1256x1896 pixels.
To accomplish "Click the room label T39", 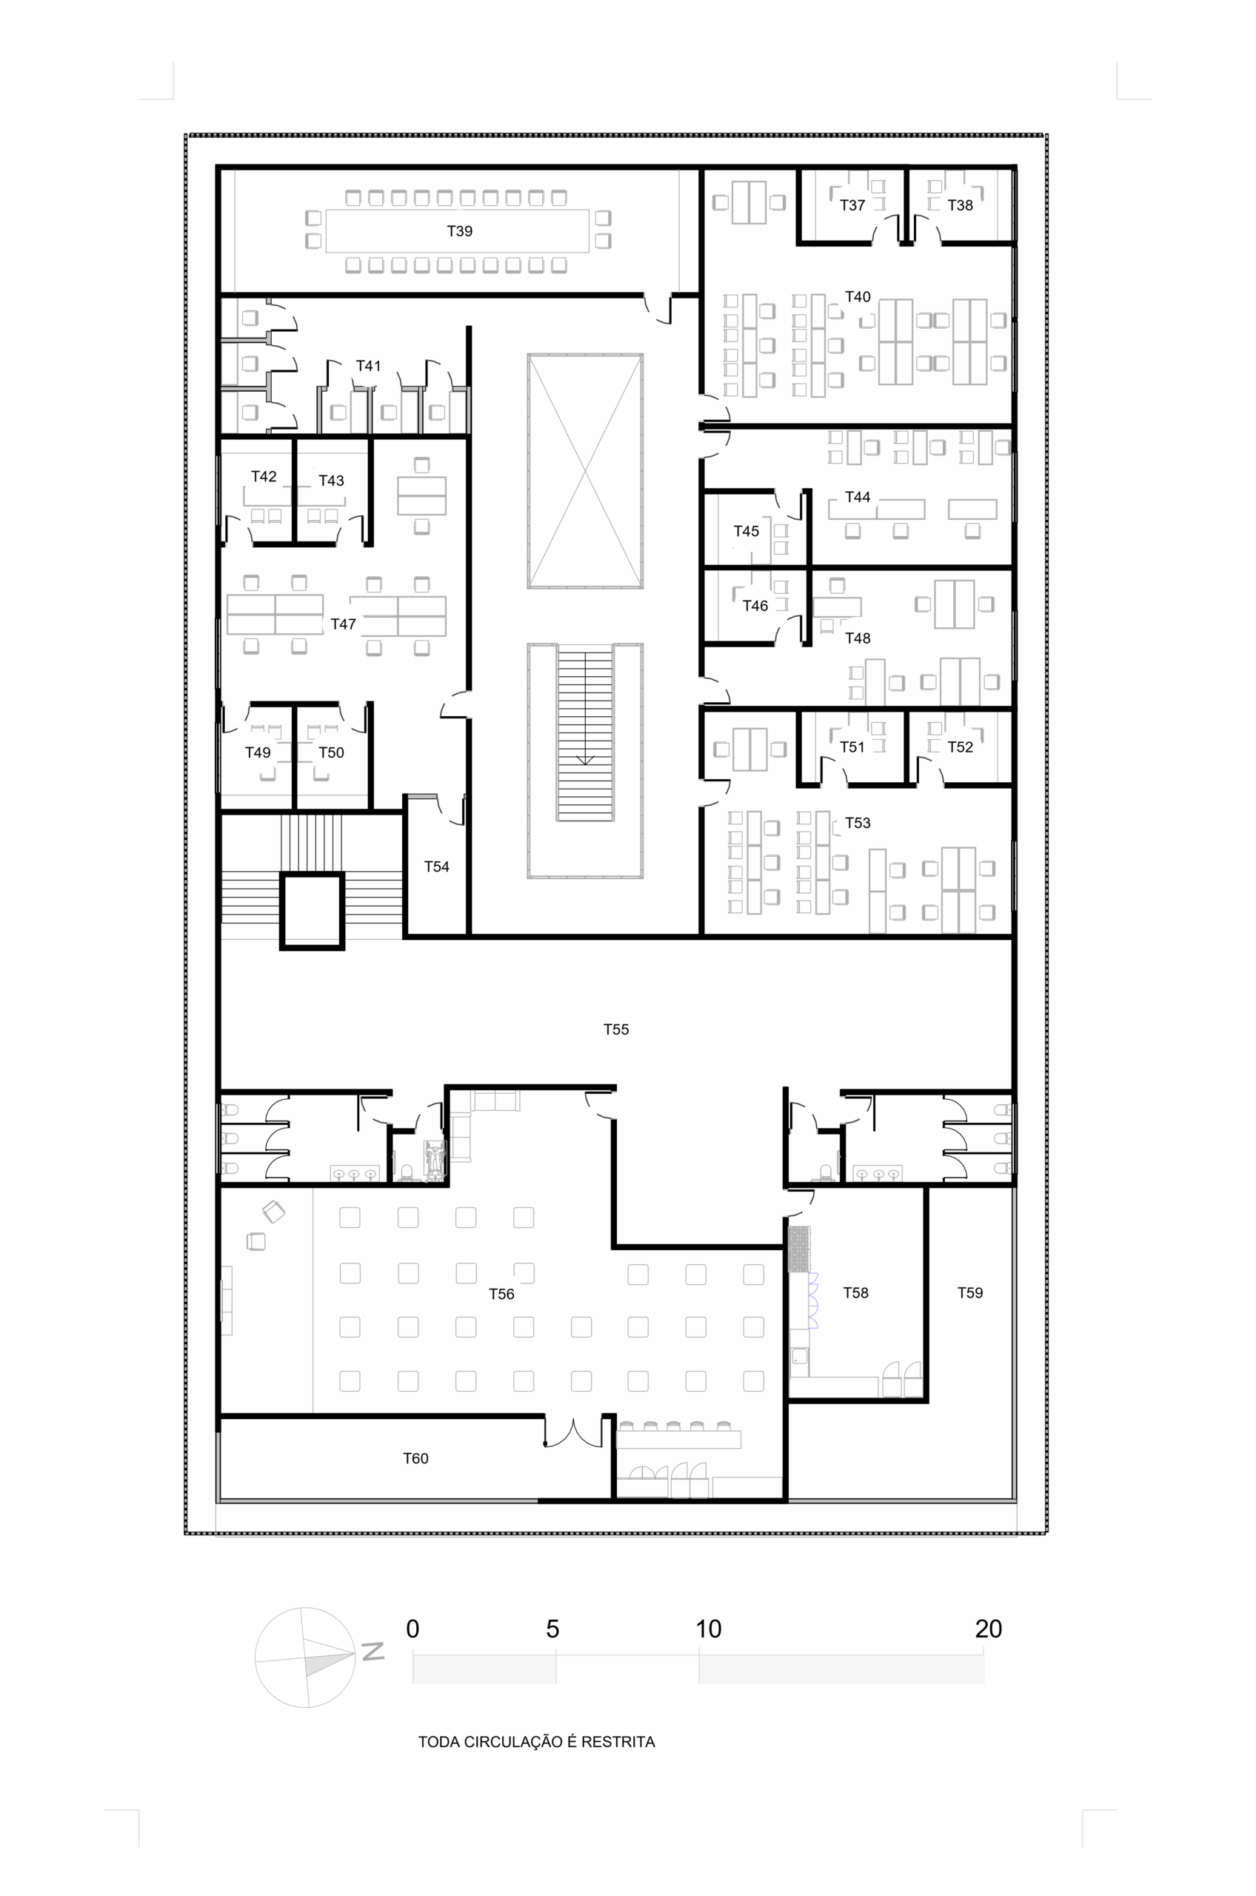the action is click(x=459, y=230).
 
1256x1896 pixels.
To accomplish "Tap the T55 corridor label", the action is click(x=616, y=1029).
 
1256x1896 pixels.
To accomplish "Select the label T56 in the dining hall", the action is click(x=501, y=1294).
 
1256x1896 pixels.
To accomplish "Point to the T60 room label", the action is click(x=415, y=1458).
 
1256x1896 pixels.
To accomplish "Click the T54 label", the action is click(x=436, y=866).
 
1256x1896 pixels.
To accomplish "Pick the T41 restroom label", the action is click(x=369, y=365).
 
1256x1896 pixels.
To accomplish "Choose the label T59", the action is click(x=970, y=1292).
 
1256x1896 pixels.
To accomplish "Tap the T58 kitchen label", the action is click(x=855, y=1292).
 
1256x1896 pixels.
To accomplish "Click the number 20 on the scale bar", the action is click(x=989, y=1629).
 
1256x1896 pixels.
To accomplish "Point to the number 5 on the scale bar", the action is click(x=552, y=1629).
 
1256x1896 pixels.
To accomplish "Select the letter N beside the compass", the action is click(x=373, y=1651).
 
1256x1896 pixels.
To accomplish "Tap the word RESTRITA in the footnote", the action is click(x=618, y=1741).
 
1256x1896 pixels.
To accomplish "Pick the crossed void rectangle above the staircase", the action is click(x=585, y=471).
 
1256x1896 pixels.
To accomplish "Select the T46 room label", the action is click(x=755, y=606).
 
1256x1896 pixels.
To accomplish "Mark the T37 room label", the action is click(x=852, y=205).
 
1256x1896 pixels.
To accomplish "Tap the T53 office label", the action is click(x=858, y=823).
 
